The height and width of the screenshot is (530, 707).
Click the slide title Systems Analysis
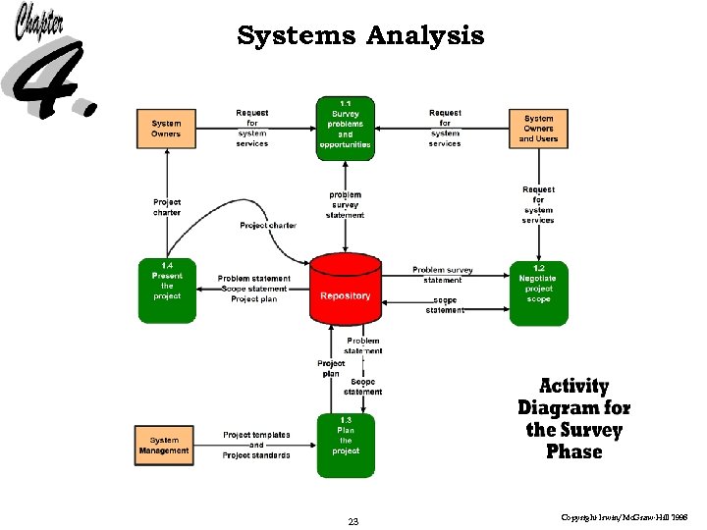coord(360,36)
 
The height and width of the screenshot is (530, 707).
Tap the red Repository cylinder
coord(345,290)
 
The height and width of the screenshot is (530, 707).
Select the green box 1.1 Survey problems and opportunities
coord(345,128)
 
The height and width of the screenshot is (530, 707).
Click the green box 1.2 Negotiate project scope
coord(538,291)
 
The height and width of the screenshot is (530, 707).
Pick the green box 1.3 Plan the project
coord(345,445)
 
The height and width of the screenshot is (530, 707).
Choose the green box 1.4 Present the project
coord(166,291)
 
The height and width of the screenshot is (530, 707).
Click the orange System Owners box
coord(166,128)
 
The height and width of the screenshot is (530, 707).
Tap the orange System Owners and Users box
coord(538,129)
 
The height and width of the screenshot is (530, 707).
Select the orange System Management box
coord(164,445)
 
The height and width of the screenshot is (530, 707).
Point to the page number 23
coord(353,522)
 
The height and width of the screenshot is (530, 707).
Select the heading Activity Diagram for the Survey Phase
coord(574,419)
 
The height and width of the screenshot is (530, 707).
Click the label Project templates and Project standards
coord(256,445)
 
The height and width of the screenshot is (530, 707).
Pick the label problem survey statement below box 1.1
coord(345,204)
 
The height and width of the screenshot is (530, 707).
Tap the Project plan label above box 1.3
coord(331,368)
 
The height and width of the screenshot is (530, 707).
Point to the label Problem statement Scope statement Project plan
coord(253,290)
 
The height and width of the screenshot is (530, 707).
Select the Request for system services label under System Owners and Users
coord(538,204)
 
